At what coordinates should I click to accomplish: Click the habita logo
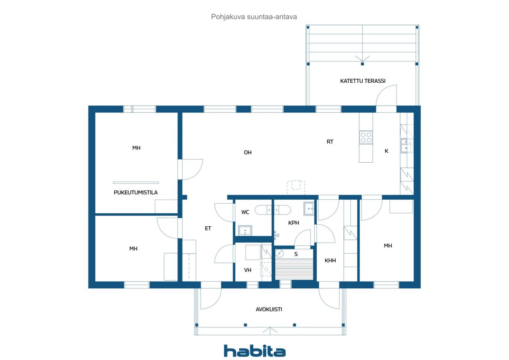(254, 351)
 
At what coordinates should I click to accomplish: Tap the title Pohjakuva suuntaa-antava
(254, 17)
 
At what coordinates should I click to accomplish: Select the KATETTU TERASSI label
(363, 81)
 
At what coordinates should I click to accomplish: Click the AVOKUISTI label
(269, 309)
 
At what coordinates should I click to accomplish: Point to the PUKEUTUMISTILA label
(136, 193)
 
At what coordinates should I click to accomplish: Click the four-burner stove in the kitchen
(366, 137)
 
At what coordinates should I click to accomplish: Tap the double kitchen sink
(406, 146)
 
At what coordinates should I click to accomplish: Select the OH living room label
(248, 152)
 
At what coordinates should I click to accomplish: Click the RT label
(330, 142)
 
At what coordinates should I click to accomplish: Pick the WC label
(245, 212)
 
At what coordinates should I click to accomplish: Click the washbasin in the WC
(245, 231)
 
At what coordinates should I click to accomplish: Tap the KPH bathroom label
(293, 223)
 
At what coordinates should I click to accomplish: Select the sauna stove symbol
(280, 253)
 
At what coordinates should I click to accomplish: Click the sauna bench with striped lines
(294, 269)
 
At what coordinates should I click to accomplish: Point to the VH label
(248, 270)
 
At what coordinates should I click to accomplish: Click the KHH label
(330, 261)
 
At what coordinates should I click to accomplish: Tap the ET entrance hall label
(208, 228)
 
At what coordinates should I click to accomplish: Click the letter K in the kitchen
(387, 151)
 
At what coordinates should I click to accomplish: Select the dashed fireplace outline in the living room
(296, 187)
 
